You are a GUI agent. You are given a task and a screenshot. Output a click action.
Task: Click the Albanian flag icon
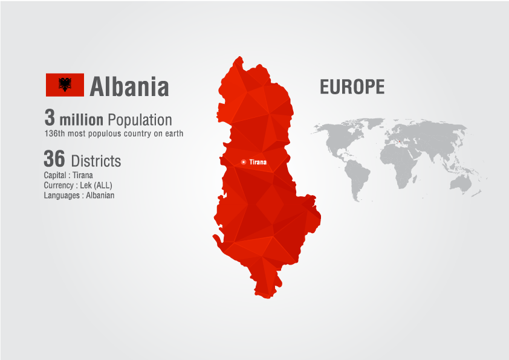click(65, 85)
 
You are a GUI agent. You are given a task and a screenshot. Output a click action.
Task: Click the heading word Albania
click(129, 86)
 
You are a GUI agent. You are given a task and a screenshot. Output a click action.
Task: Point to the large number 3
click(50, 118)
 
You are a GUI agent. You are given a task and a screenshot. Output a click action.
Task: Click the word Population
click(140, 120)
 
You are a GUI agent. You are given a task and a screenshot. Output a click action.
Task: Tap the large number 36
click(54, 159)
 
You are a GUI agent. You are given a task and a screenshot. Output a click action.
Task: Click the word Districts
click(96, 161)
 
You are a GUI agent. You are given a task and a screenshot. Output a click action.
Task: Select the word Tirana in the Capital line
click(83, 175)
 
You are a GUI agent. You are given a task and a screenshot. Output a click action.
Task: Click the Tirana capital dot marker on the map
click(243, 162)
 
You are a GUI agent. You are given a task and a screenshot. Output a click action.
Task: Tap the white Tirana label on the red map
click(258, 162)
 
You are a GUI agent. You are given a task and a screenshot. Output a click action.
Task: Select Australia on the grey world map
click(463, 182)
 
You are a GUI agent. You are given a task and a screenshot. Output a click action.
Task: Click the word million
click(81, 120)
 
